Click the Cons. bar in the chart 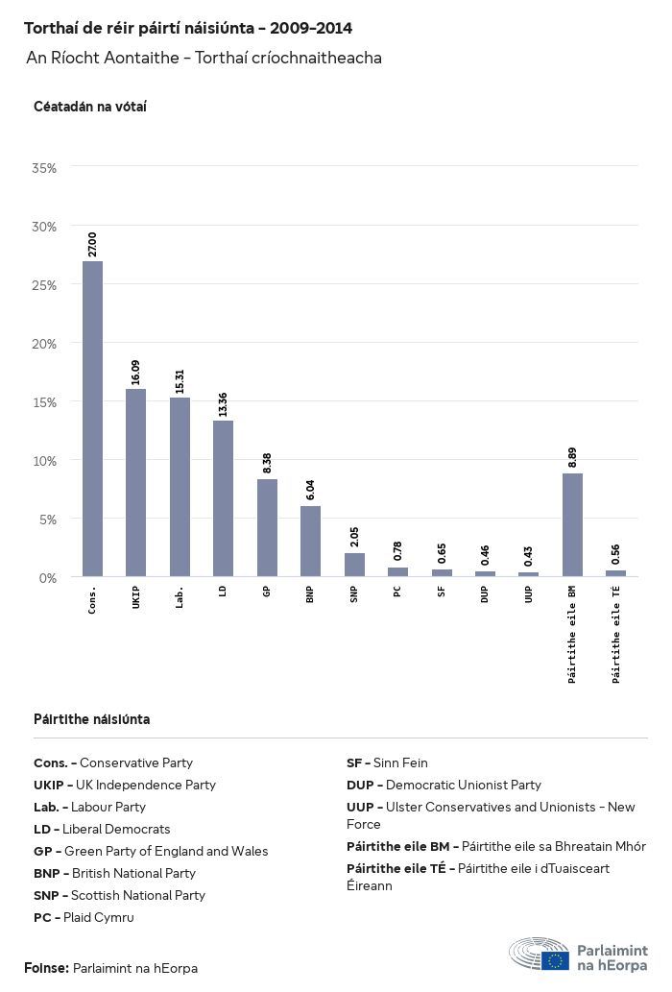click(92, 419)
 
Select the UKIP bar click(136, 482)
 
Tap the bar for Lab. click(180, 487)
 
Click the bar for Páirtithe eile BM click(572, 524)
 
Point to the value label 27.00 click(92, 244)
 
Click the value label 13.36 click(223, 403)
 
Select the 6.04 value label click(310, 490)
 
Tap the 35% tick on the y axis click(44, 168)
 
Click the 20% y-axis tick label click(44, 344)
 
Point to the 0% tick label click(47, 577)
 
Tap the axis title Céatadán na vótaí click(90, 106)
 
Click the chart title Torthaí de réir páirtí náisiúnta click(187, 28)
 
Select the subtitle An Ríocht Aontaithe click(204, 58)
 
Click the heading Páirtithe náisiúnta click(91, 719)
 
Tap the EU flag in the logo click(555, 959)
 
